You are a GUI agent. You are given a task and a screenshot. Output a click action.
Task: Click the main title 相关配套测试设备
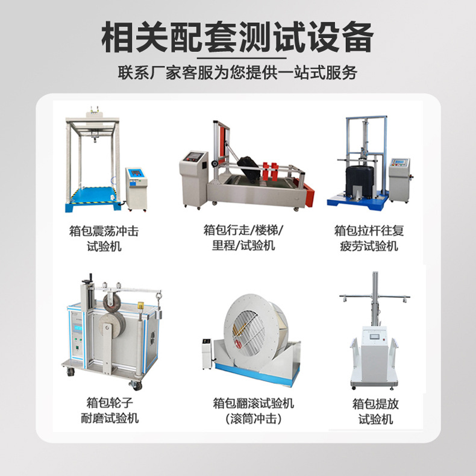237,37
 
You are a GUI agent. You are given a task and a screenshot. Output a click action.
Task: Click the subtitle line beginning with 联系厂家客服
237,73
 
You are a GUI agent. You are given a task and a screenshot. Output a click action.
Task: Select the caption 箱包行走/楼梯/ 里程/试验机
243,237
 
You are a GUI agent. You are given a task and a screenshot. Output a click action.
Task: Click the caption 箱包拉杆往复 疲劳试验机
366,238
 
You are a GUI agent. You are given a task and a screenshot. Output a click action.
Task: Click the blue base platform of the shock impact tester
93,197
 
